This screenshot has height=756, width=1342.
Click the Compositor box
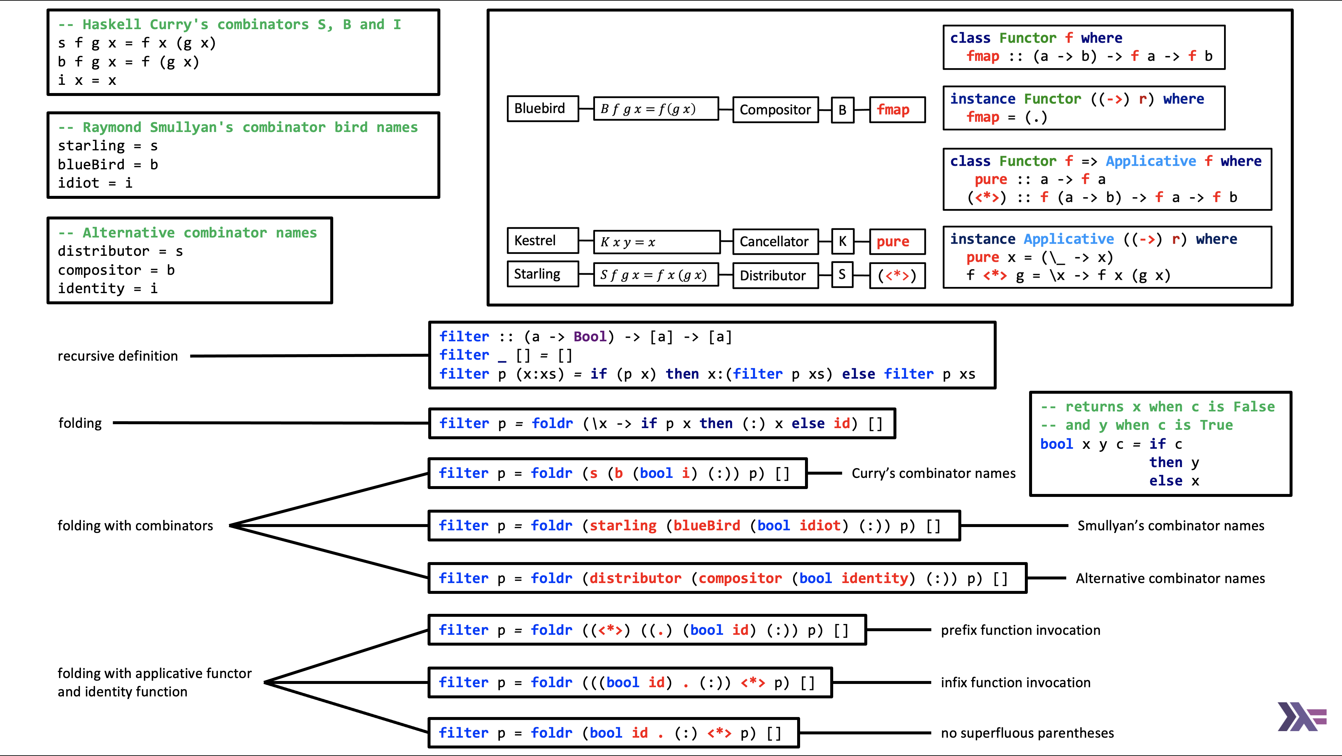pyautogui.click(x=775, y=109)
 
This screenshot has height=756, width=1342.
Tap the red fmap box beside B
pyautogui.click(x=897, y=109)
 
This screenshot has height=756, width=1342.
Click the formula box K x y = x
pyautogui.click(x=656, y=242)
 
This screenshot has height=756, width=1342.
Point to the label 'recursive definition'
pyautogui.click(x=118, y=356)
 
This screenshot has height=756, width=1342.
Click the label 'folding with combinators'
pyautogui.click(x=135, y=526)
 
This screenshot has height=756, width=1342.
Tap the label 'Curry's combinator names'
pyautogui.click(x=933, y=473)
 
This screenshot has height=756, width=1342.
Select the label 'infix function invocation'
pyautogui.click(x=1015, y=683)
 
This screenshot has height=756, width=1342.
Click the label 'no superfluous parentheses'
pyautogui.click(x=1027, y=733)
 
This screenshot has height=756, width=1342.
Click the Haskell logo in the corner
pyautogui.click(x=1301, y=717)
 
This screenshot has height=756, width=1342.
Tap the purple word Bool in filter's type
pyautogui.click(x=590, y=337)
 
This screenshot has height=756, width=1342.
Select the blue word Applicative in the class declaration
pyautogui.click(x=1151, y=161)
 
